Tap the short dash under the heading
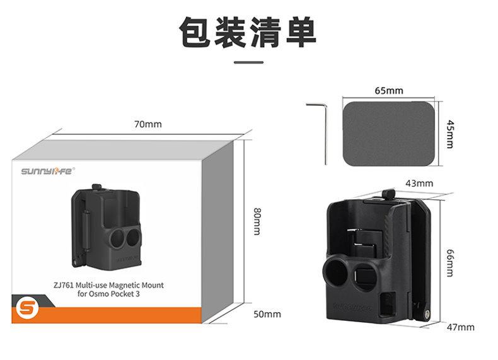pyautogui.click(x=248, y=62)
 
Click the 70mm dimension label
pyautogui.click(x=148, y=124)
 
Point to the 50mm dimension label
pyautogui.click(x=268, y=314)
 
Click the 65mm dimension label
pyautogui.click(x=388, y=91)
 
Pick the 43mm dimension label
pyautogui.click(x=419, y=183)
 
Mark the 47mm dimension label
pyautogui.click(x=461, y=327)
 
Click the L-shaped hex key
pyautogui.click(x=320, y=129)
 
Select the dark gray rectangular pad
pyautogui.click(x=389, y=133)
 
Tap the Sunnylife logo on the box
pyautogui.click(x=48, y=170)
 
